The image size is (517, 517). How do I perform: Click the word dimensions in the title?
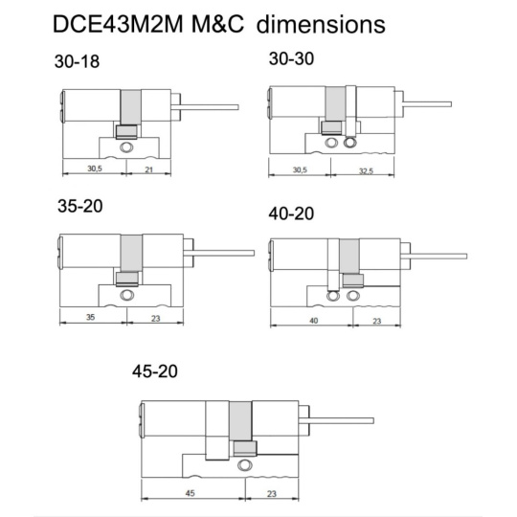(321, 24)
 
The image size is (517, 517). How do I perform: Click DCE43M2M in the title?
(118, 24)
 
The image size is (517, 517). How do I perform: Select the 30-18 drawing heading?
(77, 61)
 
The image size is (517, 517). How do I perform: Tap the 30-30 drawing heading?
(291, 59)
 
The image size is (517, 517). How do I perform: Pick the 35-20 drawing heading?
(80, 206)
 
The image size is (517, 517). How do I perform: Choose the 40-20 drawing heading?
(291, 214)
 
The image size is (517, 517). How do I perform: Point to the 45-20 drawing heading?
(155, 371)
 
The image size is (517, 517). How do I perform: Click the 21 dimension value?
(149, 169)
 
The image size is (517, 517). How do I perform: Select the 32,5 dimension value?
(366, 170)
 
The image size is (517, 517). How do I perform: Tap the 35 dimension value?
(90, 317)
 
